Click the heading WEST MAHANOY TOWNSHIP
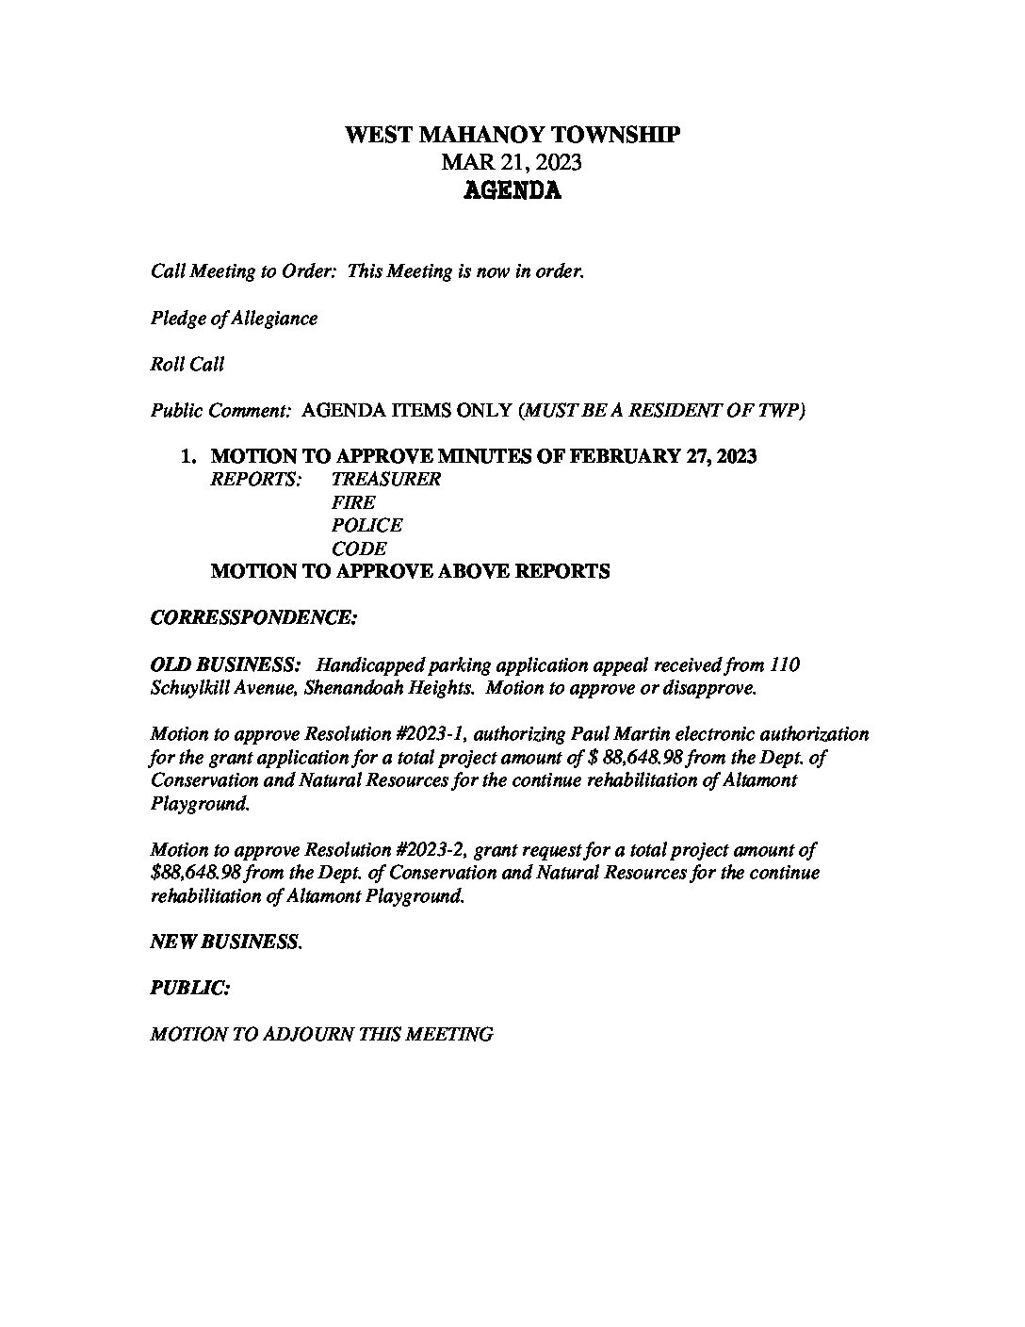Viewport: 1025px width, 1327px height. [x=512, y=135]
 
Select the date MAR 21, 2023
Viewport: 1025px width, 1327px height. [x=512, y=162]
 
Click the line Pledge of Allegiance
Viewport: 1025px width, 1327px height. [x=234, y=319]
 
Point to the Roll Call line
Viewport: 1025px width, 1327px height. [x=187, y=364]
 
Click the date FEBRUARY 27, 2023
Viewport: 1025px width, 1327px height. [x=659, y=456]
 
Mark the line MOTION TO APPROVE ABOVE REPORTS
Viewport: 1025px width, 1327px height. [x=410, y=571]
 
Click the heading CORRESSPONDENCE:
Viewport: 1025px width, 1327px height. [x=253, y=618]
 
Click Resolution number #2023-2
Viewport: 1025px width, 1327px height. [x=421, y=849]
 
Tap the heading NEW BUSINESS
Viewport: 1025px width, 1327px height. [x=226, y=942]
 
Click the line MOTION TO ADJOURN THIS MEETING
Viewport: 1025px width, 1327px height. [x=321, y=1034]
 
